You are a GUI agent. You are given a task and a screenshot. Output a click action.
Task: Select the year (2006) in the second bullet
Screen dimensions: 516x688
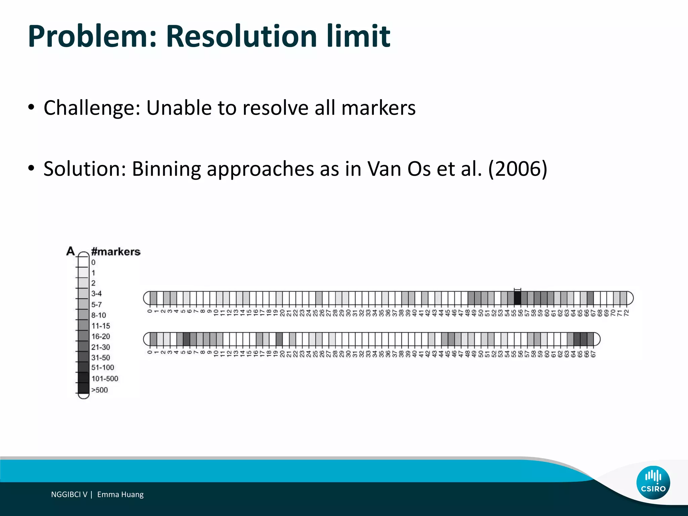pyautogui.click(x=517, y=169)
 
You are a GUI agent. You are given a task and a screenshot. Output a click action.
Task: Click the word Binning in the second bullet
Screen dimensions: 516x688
pyautogui.click(x=166, y=169)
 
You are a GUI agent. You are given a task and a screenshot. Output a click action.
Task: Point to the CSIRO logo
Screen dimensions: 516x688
pyautogui.click(x=653, y=482)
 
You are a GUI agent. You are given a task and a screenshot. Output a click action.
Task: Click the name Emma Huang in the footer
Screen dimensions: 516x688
pyautogui.click(x=120, y=494)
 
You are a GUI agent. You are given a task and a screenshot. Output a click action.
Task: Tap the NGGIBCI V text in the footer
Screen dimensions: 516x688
pyautogui.click(x=69, y=494)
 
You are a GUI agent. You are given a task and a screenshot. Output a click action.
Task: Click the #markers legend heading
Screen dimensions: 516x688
pyautogui.click(x=116, y=252)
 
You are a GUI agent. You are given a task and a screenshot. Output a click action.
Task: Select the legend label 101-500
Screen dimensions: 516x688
pyautogui.click(x=105, y=379)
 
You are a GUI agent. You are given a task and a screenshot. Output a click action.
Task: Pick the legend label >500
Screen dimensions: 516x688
pyautogui.click(x=99, y=390)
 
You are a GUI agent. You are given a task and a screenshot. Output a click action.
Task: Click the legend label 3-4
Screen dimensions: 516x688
pyautogui.click(x=96, y=294)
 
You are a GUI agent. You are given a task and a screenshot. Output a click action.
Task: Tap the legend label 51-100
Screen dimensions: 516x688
pyautogui.click(x=102, y=368)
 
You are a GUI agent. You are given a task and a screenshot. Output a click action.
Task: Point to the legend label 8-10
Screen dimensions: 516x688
pyautogui.click(x=98, y=315)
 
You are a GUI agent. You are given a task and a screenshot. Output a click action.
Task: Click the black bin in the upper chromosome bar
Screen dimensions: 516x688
pyautogui.click(x=517, y=298)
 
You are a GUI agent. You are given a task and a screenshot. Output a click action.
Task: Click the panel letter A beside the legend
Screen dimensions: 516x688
pyautogui.click(x=71, y=251)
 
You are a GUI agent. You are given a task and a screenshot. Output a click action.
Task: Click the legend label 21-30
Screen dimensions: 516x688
pyautogui.click(x=100, y=347)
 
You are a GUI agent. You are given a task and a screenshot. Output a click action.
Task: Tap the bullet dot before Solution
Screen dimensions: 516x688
pyautogui.click(x=31, y=168)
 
